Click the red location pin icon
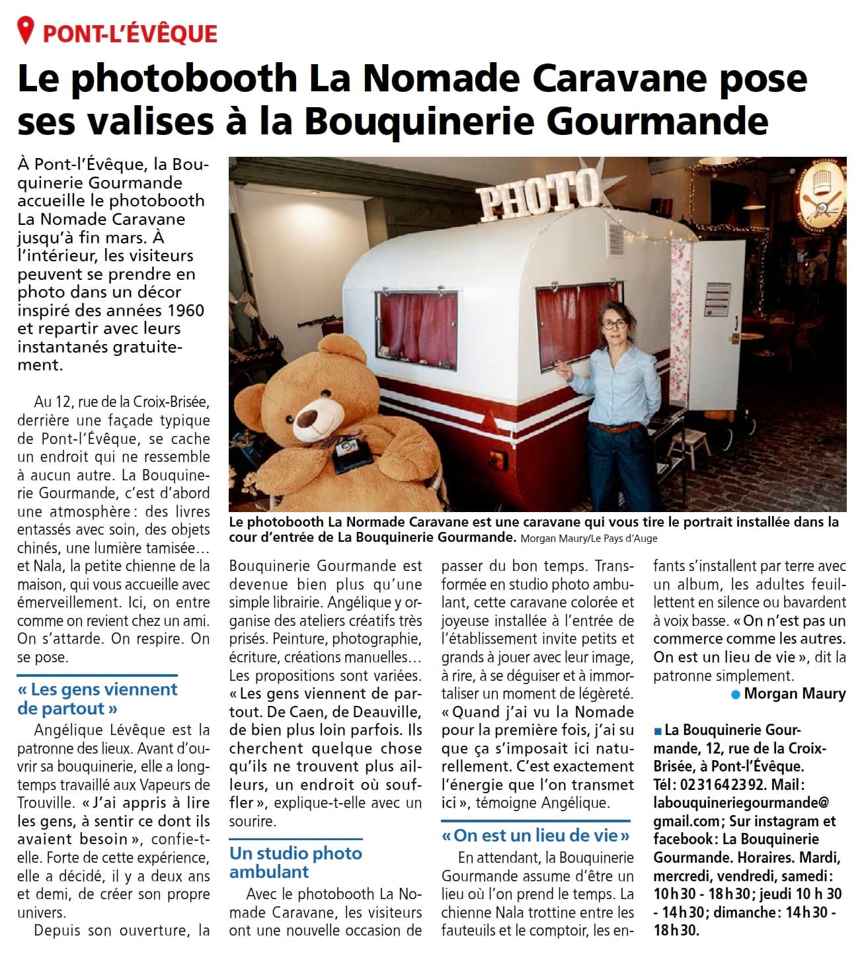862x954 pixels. coord(26,30)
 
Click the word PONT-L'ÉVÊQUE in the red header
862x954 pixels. coord(130,32)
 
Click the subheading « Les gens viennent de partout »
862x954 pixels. coord(97,699)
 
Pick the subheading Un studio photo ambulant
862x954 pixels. coord(295,862)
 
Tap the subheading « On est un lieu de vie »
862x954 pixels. coord(536,835)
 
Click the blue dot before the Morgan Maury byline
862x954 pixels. coord(735,694)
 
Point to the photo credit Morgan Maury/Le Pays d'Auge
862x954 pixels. coord(589,539)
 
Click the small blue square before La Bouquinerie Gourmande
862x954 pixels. coord(657,731)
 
